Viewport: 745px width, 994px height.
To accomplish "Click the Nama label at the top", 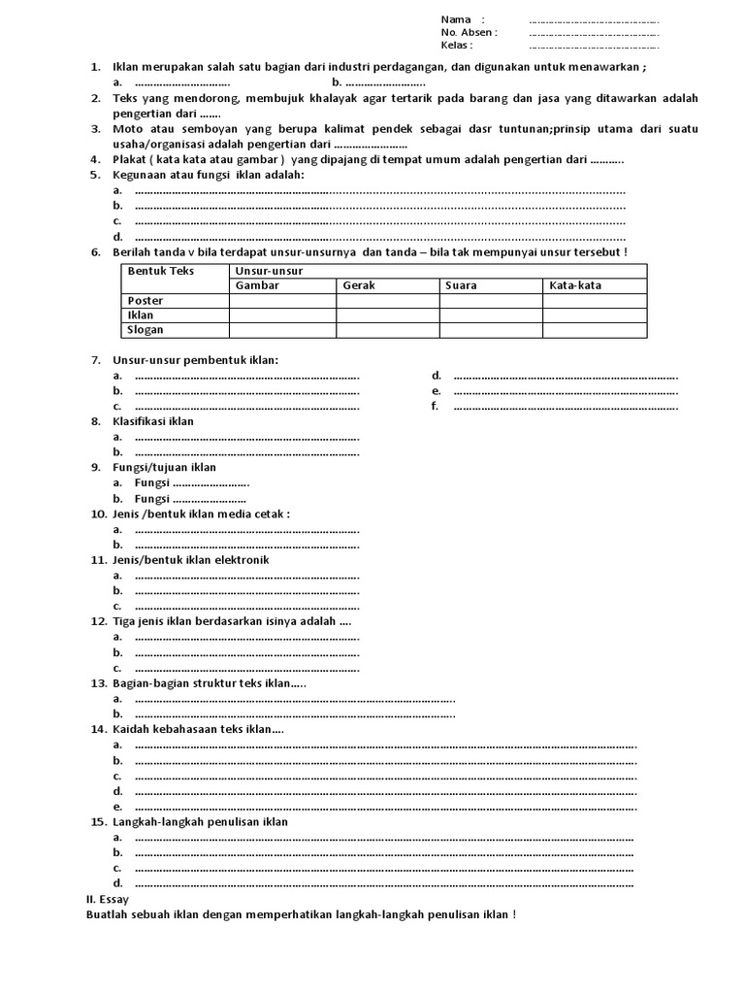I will tap(456, 19).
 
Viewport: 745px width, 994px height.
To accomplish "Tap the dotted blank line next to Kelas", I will tap(594, 46).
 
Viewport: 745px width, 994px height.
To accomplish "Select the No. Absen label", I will tap(468, 32).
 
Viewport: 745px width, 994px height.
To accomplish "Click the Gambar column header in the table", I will tap(257, 285).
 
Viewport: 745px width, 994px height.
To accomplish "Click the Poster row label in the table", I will tap(146, 301).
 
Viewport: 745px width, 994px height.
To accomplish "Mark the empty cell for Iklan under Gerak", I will tap(387, 315).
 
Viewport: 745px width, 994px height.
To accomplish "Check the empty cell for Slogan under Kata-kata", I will tap(594, 330).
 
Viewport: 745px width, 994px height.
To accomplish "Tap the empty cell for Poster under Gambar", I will tap(282, 301).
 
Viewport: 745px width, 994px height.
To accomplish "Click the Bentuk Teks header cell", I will tap(161, 271).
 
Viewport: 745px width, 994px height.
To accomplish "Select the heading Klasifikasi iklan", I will tap(153, 421).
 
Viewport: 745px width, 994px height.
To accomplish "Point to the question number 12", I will tap(98, 621).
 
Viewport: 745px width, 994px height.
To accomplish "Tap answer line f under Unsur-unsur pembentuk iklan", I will tap(566, 407).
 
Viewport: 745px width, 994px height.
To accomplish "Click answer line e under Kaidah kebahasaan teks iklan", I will tap(385, 807).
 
